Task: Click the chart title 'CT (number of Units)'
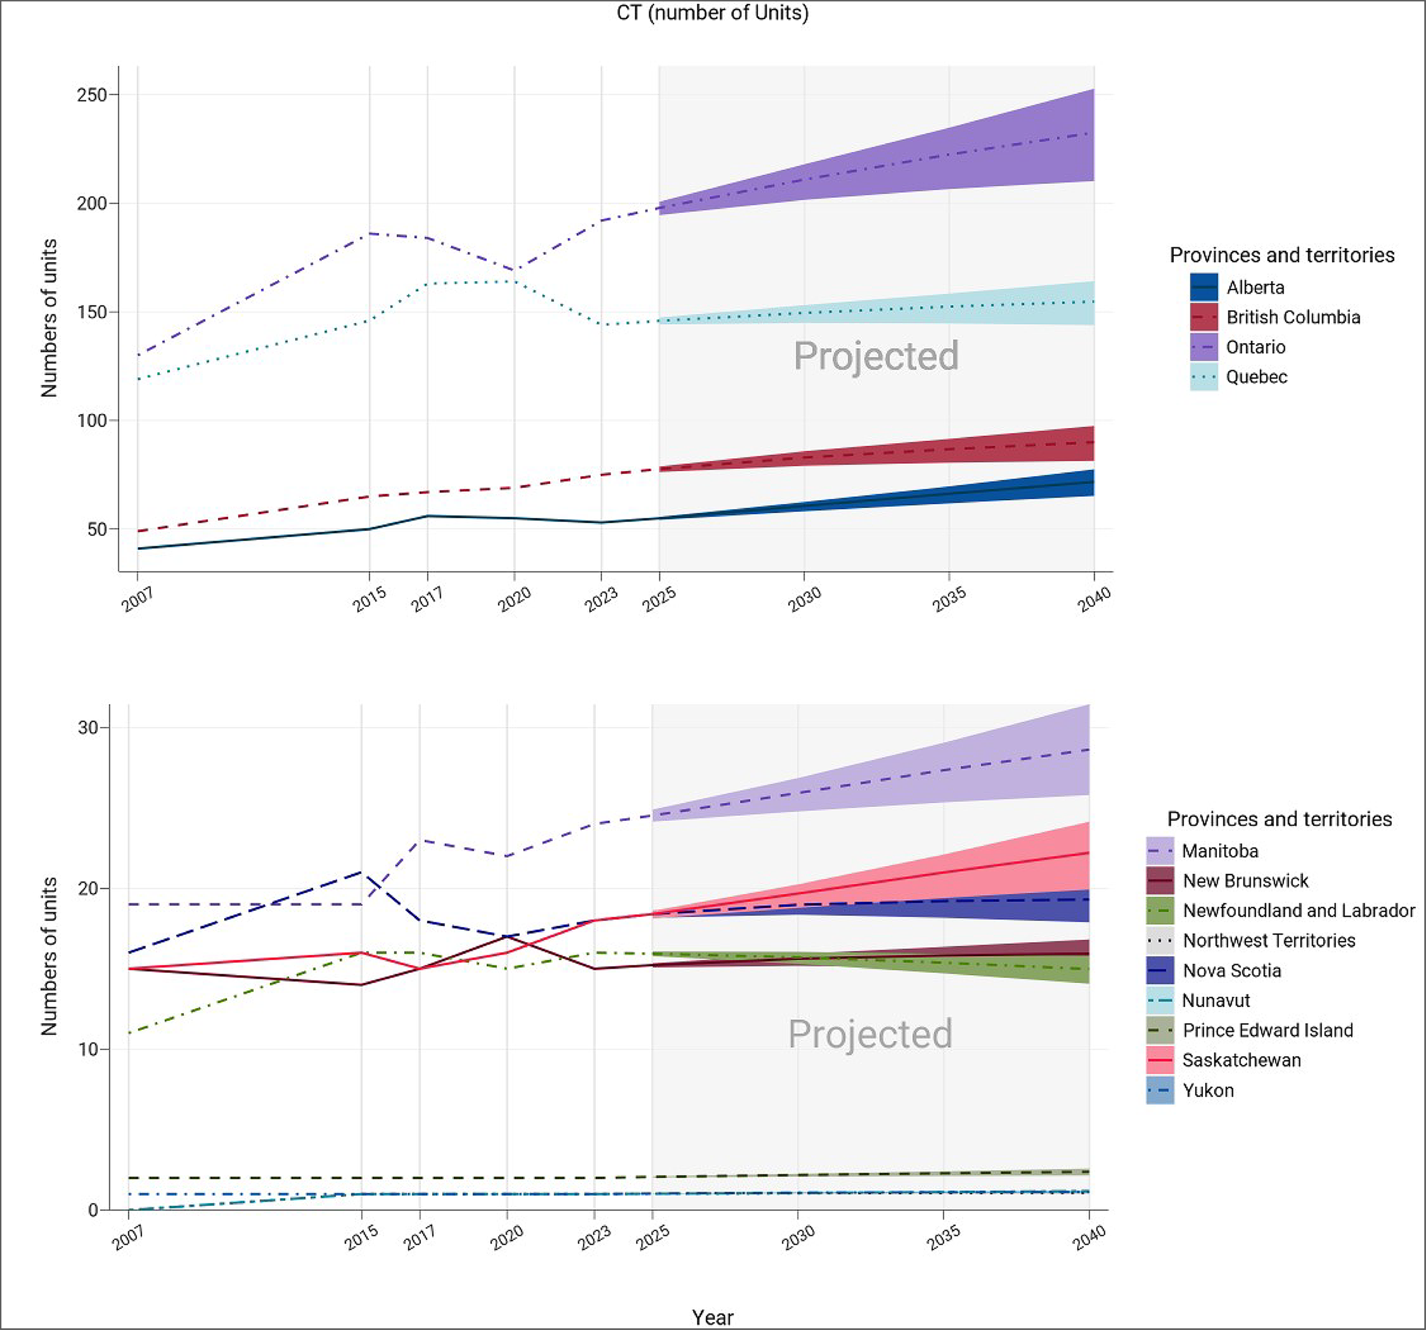click(712, 13)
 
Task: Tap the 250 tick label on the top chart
click(92, 95)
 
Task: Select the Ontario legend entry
click(1255, 347)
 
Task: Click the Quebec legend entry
click(1256, 377)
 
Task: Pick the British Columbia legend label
click(1293, 317)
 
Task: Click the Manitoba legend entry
click(1219, 851)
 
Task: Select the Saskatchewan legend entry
click(1241, 1060)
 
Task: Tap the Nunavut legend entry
click(1216, 1000)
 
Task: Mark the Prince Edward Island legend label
click(1267, 1030)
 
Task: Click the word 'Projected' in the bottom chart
click(870, 1034)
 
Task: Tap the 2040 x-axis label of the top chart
click(1094, 599)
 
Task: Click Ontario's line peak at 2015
click(370, 234)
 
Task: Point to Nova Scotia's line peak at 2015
click(361, 872)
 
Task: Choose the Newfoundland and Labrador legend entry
click(1298, 911)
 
